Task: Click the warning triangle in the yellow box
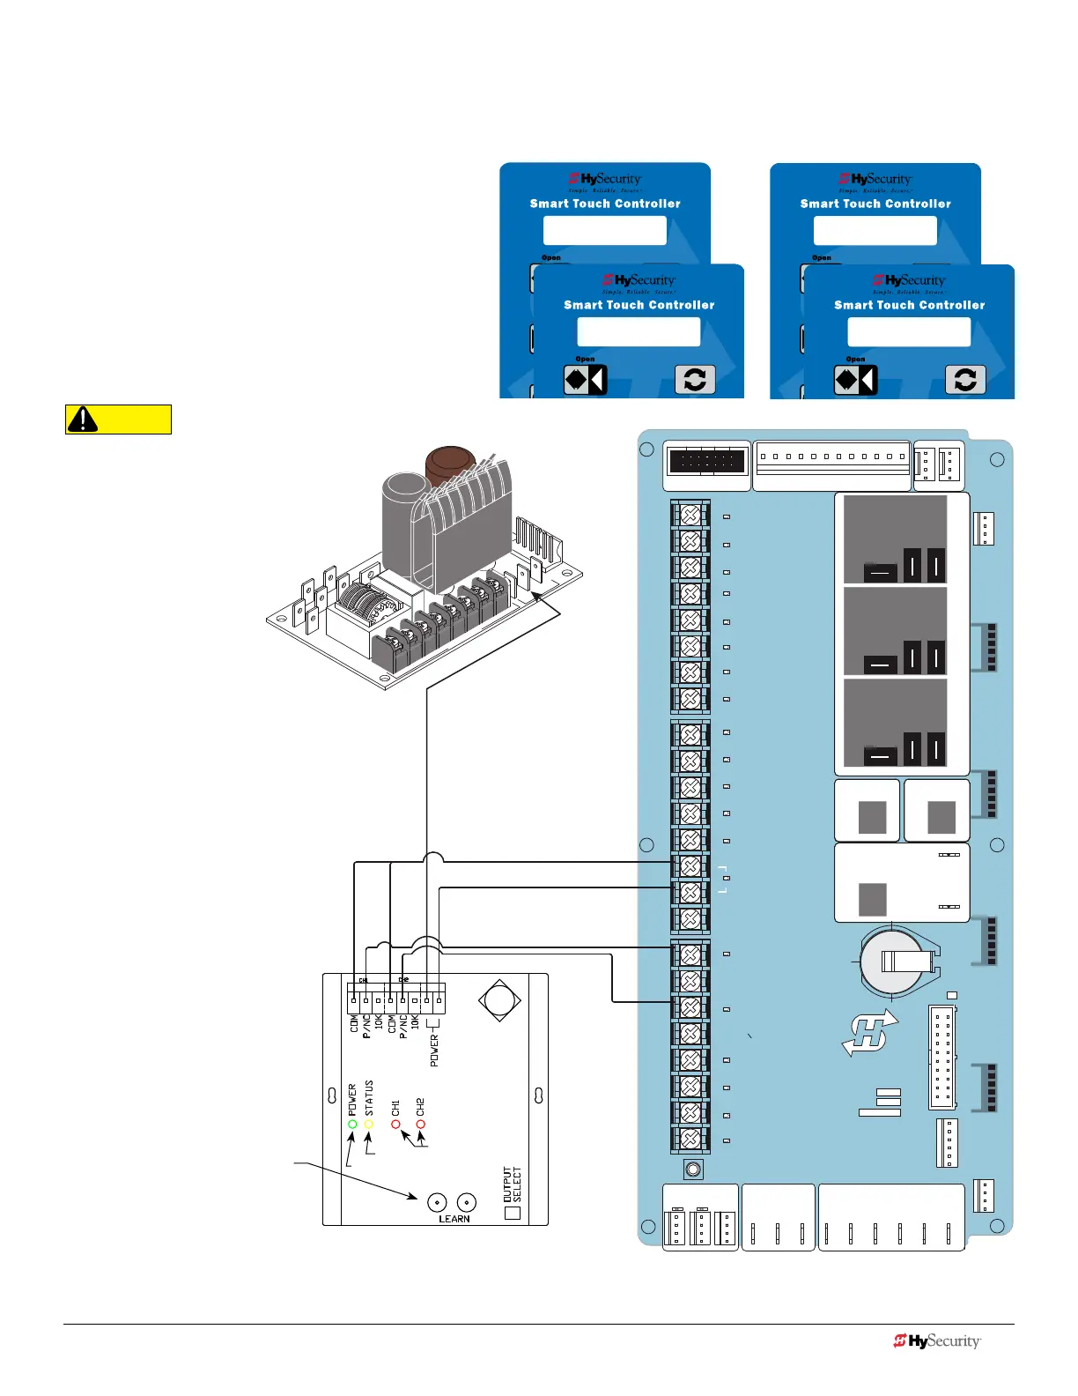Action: (x=83, y=420)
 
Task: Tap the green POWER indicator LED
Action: (x=352, y=1124)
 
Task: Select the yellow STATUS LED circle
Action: (x=369, y=1124)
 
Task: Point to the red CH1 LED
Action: (x=395, y=1124)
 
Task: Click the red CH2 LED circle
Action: (x=420, y=1124)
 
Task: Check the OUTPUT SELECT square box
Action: (x=513, y=1213)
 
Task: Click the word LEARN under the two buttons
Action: (x=454, y=1219)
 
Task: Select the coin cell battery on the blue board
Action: (x=896, y=961)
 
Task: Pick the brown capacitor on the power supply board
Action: (x=451, y=467)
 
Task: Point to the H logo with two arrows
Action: (x=870, y=1033)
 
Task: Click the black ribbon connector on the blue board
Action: (x=706, y=461)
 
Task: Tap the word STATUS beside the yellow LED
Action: (x=369, y=1098)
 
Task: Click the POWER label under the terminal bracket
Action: (x=434, y=1051)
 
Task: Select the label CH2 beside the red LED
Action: (x=420, y=1106)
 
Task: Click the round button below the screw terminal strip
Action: (x=693, y=1170)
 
